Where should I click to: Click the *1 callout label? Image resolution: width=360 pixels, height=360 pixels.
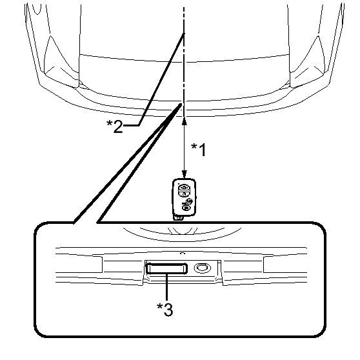[199, 150]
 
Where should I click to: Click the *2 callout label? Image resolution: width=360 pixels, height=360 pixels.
[115, 126]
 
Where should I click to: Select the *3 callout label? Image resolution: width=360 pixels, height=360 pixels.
[165, 310]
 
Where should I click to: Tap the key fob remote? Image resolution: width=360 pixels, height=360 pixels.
[184, 199]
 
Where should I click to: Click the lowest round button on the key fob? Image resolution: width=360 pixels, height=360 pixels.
[186, 207]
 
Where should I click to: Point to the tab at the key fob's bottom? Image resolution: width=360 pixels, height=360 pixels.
[178, 217]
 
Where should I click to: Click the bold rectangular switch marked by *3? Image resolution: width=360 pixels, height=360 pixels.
[167, 268]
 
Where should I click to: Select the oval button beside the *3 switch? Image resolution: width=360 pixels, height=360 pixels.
[203, 268]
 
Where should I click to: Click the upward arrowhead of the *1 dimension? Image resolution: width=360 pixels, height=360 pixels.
[184, 121]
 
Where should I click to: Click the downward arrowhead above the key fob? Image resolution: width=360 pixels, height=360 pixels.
[184, 174]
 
